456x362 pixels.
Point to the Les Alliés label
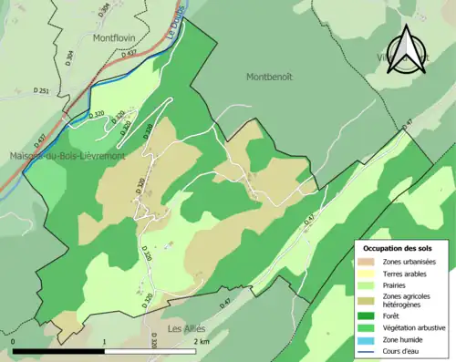point(188,327)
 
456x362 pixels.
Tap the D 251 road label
point(41,91)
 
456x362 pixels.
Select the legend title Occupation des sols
point(398,248)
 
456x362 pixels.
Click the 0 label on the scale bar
point(15,341)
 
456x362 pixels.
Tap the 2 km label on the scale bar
point(201,341)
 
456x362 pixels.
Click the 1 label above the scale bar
point(105,341)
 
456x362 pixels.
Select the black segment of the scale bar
point(59,351)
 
